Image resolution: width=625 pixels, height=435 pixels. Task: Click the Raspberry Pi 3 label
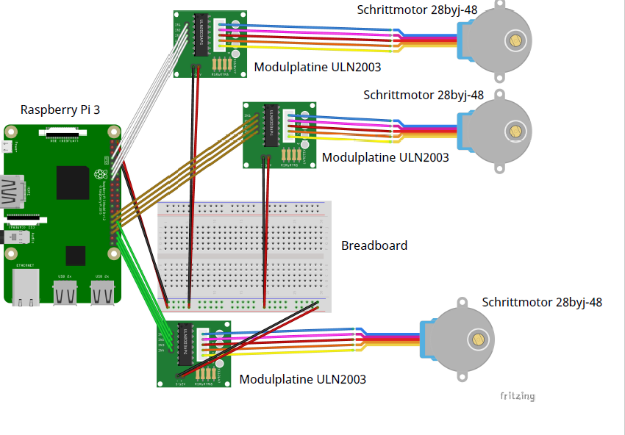click(x=60, y=110)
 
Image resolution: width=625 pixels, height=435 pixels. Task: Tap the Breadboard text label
click(x=374, y=245)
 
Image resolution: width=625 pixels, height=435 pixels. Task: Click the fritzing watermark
click(x=518, y=396)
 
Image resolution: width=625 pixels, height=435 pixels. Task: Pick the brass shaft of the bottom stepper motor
click(x=479, y=339)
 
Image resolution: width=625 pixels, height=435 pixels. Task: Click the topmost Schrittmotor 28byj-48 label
click(x=417, y=10)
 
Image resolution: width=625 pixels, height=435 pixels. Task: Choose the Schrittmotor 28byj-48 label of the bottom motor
click(x=542, y=302)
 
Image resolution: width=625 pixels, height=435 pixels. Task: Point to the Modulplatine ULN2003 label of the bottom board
click(x=302, y=380)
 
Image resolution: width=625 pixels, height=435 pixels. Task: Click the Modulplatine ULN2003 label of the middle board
click(x=385, y=157)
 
